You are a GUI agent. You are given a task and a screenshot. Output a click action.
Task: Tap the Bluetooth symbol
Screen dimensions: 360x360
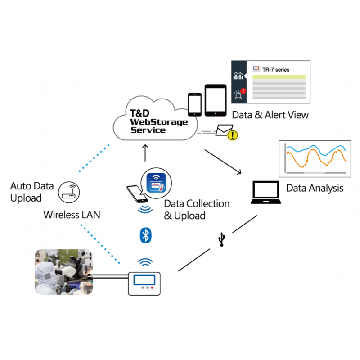click(x=145, y=236)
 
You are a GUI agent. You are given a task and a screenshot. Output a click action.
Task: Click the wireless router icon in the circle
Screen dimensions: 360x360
click(x=67, y=191)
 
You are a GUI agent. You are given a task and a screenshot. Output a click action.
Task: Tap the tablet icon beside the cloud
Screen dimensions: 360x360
click(x=215, y=100)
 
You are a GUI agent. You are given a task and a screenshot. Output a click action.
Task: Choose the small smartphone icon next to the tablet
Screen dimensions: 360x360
click(x=195, y=104)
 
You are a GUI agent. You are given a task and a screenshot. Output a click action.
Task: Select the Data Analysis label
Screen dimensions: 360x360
click(x=315, y=188)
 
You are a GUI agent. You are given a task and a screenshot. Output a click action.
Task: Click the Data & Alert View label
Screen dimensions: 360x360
click(x=270, y=115)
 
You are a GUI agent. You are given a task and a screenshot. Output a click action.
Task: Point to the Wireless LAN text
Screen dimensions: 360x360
click(x=72, y=215)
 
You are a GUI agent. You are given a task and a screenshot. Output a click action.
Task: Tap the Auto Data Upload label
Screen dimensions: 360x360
click(x=32, y=192)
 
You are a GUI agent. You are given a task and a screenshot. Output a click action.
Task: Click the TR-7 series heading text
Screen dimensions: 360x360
click(x=276, y=70)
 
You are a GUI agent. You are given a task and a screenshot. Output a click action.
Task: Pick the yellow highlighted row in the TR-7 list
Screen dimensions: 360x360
click(x=279, y=77)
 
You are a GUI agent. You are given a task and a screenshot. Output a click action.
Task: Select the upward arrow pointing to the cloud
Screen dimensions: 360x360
click(x=145, y=153)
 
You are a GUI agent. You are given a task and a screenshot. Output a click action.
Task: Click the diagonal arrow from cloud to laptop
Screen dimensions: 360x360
click(x=223, y=162)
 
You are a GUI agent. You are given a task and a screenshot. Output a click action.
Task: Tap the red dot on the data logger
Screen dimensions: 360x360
click(x=152, y=287)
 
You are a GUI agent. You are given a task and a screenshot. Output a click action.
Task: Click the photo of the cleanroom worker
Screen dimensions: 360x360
click(x=63, y=272)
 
